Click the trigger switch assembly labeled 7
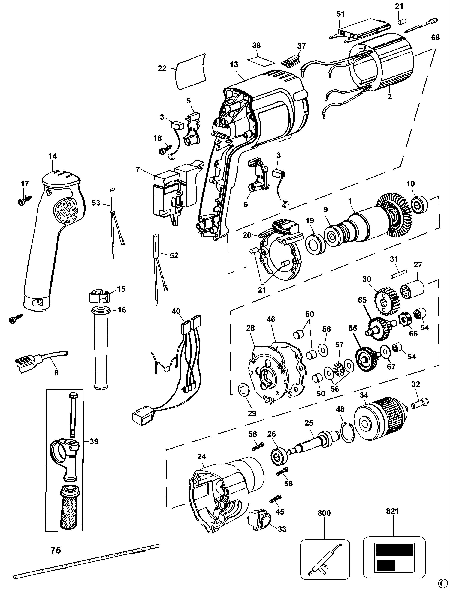click(x=171, y=191)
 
